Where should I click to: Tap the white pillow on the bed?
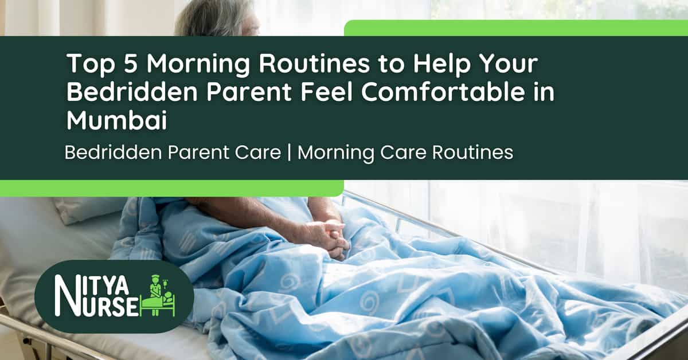pyautogui.click(x=86, y=209)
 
